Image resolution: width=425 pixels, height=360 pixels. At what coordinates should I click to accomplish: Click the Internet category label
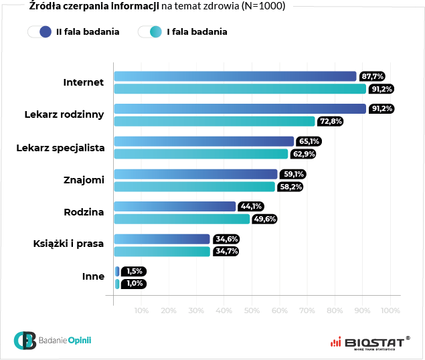(x=84, y=82)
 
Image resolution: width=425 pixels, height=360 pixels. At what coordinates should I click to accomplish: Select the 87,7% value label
(x=372, y=76)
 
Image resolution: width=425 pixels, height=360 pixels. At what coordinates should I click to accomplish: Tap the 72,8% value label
(x=330, y=121)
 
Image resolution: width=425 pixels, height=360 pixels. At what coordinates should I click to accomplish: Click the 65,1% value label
(x=309, y=141)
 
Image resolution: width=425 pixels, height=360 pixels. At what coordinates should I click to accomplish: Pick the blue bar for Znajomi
(x=195, y=174)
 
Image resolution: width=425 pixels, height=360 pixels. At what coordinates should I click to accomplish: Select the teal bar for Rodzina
(x=181, y=219)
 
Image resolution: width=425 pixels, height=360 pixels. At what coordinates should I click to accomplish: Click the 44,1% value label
(x=251, y=206)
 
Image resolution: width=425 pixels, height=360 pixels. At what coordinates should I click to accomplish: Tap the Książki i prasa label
(x=69, y=244)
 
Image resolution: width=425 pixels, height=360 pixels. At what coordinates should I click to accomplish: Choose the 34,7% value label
(x=226, y=251)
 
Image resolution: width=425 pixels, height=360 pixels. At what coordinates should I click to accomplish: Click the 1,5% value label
(x=134, y=271)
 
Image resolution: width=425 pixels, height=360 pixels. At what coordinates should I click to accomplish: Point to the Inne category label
(x=93, y=276)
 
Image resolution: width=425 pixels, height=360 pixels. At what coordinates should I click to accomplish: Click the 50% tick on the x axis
(x=252, y=310)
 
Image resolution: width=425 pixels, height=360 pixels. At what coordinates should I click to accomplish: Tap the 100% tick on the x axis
(x=390, y=310)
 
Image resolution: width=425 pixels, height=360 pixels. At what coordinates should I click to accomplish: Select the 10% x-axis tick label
(x=142, y=310)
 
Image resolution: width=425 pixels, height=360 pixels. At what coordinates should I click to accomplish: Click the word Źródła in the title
(x=46, y=7)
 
